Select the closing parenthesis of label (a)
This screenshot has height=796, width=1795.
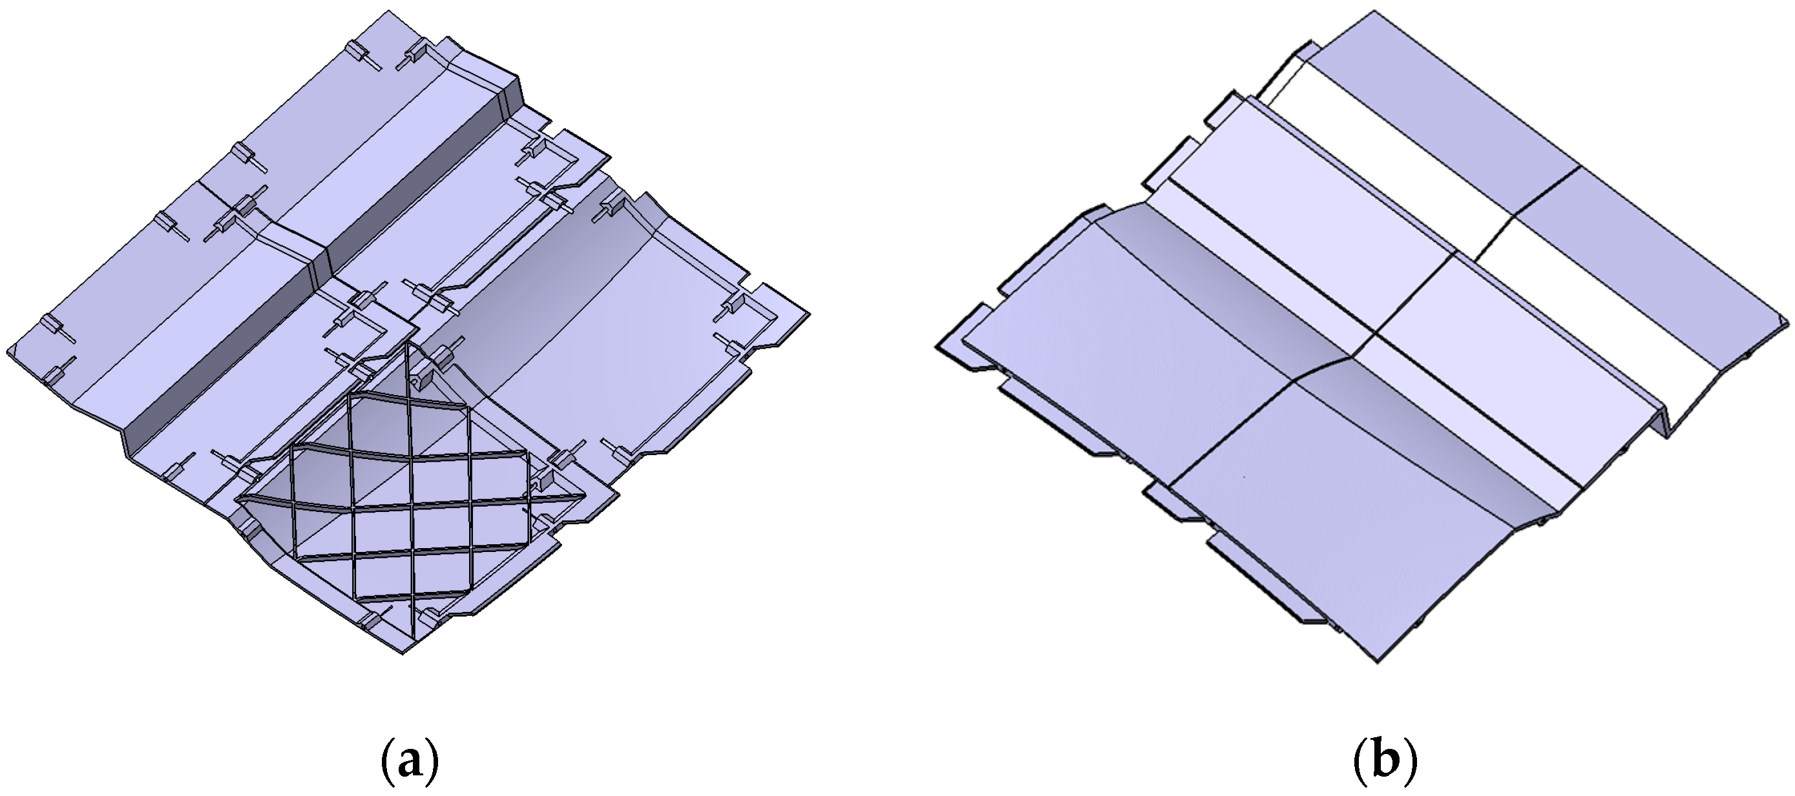[x=434, y=763]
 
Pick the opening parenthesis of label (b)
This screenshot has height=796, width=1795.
[x=1358, y=763]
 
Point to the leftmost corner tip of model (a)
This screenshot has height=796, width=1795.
[x=8, y=350]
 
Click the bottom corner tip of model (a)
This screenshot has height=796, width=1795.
[x=403, y=653]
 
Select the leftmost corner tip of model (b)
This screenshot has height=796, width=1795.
[x=937, y=347]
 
